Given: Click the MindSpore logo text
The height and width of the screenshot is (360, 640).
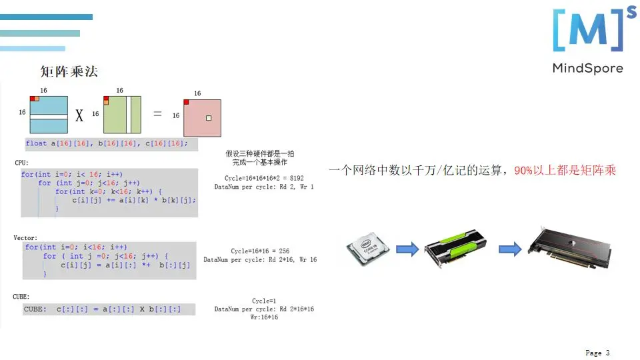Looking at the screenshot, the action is click(587, 68).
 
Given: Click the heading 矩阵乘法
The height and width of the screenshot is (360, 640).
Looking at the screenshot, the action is click(69, 71).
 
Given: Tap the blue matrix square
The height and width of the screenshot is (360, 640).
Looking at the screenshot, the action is click(49, 115).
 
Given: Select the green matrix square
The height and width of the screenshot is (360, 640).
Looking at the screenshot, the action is click(122, 115).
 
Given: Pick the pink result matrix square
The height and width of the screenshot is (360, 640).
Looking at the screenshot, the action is click(202, 119).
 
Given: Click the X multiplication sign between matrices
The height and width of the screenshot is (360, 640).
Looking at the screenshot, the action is click(79, 116).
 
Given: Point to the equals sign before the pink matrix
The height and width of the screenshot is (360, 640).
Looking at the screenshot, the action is click(158, 114).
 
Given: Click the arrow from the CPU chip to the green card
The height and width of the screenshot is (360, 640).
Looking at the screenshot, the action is click(407, 249).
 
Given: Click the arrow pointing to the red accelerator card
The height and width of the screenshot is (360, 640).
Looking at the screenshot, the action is click(509, 249).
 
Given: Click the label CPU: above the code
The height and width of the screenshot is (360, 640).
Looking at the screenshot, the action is click(21, 163).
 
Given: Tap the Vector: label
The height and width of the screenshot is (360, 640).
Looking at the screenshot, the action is click(25, 237).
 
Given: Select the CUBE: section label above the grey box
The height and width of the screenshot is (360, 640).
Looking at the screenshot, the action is click(21, 296).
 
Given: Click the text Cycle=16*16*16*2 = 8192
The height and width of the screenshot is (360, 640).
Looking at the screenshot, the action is click(264, 178).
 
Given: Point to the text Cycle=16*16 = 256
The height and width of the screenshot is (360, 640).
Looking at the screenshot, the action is click(260, 251).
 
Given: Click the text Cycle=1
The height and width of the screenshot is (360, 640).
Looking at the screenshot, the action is click(264, 301).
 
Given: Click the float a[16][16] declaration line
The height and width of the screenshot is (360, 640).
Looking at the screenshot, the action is click(107, 143).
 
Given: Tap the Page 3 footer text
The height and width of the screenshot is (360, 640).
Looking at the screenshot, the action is click(597, 353).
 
